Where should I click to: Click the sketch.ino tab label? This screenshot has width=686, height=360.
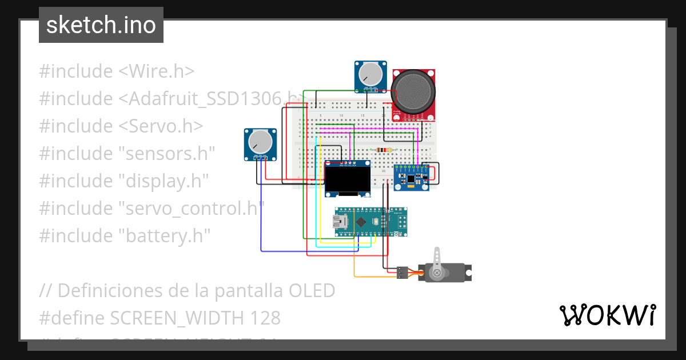pos(101,25)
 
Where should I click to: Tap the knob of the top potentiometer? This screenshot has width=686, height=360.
pos(370,74)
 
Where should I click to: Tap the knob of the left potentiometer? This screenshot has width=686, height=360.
pos(260,141)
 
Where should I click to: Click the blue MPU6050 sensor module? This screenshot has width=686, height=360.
pos(410,178)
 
